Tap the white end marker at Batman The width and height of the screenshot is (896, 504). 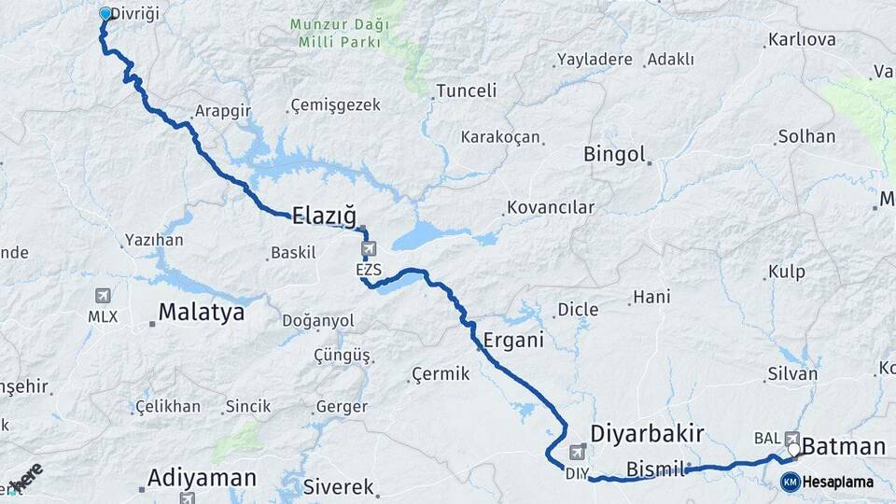coord(793,450)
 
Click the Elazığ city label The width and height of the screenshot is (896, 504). coord(324,217)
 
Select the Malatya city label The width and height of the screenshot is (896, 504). coord(201,313)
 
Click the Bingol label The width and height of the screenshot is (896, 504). coord(614,155)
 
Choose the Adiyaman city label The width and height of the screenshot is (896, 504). coord(202,479)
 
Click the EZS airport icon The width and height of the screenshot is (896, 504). coord(369,249)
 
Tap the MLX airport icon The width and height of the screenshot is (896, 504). coord(103,296)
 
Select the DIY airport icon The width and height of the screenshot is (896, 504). coord(576,453)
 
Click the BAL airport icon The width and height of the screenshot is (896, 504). coord(792,436)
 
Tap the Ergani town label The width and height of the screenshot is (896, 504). coord(513,341)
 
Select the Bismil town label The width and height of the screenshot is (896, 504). coord(656,468)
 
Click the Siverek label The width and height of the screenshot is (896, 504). coord(338,486)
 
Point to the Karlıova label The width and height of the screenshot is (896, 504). coord(801,40)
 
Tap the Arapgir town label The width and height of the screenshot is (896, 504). coord(223,111)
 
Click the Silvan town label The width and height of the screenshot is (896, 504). coord(792,373)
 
